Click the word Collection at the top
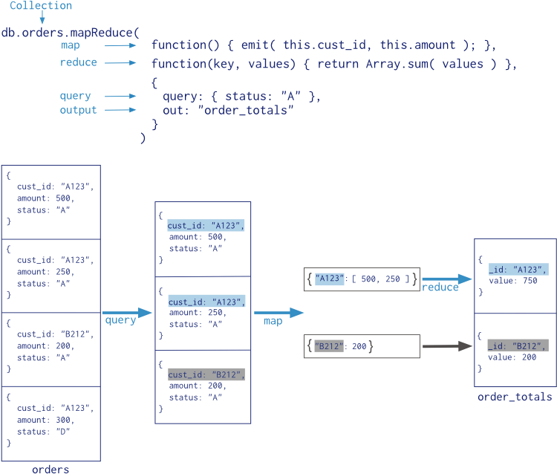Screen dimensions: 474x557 (x=41, y=6)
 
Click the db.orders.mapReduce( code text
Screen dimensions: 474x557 (x=71, y=33)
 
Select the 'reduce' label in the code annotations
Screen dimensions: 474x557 (x=79, y=62)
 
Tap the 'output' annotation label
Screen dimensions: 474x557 (x=79, y=110)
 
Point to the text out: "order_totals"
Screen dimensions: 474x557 (x=228, y=110)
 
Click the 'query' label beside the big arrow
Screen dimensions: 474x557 (x=120, y=320)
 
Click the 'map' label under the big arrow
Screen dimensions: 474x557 (x=273, y=321)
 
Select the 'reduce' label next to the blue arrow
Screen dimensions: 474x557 (x=440, y=288)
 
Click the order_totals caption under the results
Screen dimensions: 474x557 (x=515, y=397)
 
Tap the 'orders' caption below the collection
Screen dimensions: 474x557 (x=51, y=469)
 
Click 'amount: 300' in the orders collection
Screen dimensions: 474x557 (x=46, y=420)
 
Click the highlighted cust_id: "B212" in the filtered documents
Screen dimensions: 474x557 (x=206, y=374)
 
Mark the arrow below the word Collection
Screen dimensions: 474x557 (x=42, y=19)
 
